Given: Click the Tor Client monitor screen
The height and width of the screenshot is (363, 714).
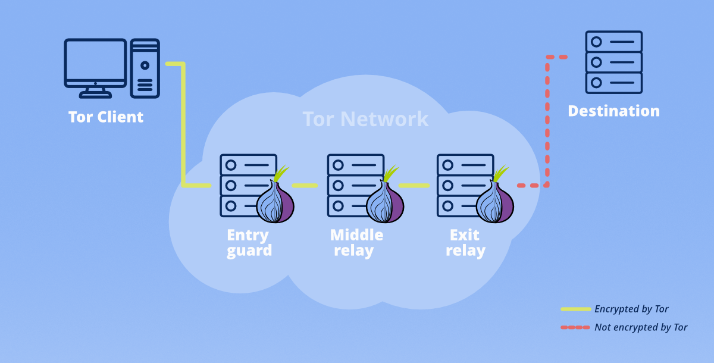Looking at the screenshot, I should click(x=95, y=63).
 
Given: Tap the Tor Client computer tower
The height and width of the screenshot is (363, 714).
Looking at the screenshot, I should click(x=145, y=68).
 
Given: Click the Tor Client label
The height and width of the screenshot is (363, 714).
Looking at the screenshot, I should click(x=106, y=117).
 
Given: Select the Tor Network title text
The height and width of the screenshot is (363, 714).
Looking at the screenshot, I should click(x=365, y=119).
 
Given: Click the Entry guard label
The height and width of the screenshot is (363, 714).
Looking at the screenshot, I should click(x=249, y=243).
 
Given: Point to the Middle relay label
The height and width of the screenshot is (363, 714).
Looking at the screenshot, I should click(x=356, y=243).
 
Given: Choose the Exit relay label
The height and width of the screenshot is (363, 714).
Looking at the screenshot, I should click(x=465, y=243).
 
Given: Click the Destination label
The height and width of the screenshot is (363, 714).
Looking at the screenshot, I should click(x=613, y=111).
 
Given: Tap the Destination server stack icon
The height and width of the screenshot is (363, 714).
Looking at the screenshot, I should click(x=613, y=62).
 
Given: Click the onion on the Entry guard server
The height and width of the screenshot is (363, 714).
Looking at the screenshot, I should click(x=275, y=201).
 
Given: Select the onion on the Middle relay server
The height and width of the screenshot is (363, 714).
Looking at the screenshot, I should click(x=384, y=201).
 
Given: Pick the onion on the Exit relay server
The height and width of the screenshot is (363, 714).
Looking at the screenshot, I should click(x=494, y=201).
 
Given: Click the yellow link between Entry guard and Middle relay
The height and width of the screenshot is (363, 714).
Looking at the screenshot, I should click(x=304, y=185).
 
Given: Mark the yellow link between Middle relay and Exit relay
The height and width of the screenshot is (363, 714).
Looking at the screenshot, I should click(x=414, y=185).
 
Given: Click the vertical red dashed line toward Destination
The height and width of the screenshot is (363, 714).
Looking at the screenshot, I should click(x=547, y=119).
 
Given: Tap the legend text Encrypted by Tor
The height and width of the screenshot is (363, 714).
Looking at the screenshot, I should click(x=631, y=309).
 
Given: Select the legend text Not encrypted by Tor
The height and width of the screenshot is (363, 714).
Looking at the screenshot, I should click(x=641, y=327).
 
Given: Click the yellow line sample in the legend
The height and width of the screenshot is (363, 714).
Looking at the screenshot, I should click(x=575, y=309).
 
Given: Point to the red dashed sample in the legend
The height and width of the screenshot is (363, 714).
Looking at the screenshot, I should click(x=575, y=327).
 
